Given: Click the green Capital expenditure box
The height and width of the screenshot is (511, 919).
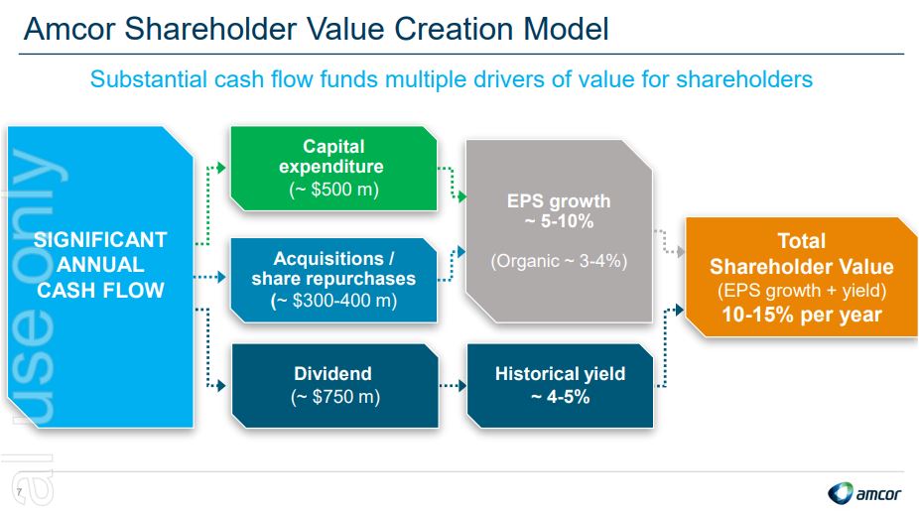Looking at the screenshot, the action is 333,169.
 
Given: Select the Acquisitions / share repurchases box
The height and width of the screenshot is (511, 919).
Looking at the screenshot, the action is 333,280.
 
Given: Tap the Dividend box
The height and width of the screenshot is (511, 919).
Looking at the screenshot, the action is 334,386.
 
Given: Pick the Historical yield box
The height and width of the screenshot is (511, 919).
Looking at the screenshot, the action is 560,386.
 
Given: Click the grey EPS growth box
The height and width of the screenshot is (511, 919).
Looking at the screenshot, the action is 559,231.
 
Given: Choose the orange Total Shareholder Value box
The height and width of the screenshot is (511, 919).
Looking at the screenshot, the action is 801,277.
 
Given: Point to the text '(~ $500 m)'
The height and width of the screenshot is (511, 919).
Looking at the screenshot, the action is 334,190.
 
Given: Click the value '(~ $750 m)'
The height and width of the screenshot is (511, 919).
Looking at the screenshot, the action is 335,397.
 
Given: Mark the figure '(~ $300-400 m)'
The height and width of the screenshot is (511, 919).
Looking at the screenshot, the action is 333,301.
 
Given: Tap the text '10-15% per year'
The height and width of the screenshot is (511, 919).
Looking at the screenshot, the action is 801,315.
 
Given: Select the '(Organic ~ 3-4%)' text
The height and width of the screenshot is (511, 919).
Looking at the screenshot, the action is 559,261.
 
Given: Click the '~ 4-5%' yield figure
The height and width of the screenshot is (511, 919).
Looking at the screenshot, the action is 560,397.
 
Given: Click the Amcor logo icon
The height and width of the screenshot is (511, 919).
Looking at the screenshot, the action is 841,493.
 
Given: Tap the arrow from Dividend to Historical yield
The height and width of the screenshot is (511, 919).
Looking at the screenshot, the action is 453,386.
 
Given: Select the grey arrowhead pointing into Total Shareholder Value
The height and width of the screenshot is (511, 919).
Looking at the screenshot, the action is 681,252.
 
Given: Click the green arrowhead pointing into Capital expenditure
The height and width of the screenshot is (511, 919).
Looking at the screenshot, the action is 221,169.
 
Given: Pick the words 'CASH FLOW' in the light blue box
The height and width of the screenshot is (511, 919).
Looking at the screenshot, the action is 101,290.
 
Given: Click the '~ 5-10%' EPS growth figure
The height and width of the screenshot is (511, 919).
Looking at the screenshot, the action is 559,221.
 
